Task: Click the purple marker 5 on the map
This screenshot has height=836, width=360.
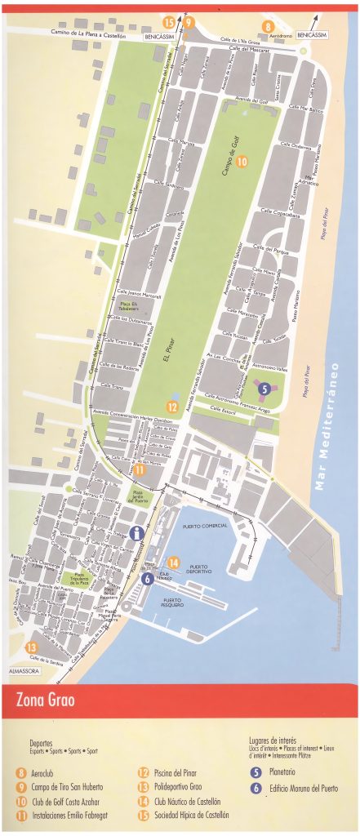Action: click(x=264, y=389)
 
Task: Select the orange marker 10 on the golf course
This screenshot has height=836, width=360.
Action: click(x=242, y=162)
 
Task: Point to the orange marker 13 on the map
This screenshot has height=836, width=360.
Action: click(x=32, y=648)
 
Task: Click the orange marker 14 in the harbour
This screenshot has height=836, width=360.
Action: click(x=173, y=563)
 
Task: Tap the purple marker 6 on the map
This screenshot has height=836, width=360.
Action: click(x=147, y=579)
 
